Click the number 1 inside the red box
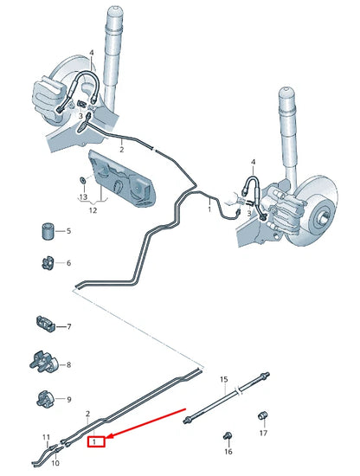tap(99, 442)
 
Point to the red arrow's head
tap(106, 438)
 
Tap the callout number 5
tap(69, 232)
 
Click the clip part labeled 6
tap(48, 263)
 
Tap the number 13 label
tap(83, 198)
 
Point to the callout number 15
tap(222, 379)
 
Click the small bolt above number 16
tap(228, 434)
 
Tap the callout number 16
tap(228, 452)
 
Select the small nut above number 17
tap(262, 419)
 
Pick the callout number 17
tap(263, 434)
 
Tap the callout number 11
tap(47, 438)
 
